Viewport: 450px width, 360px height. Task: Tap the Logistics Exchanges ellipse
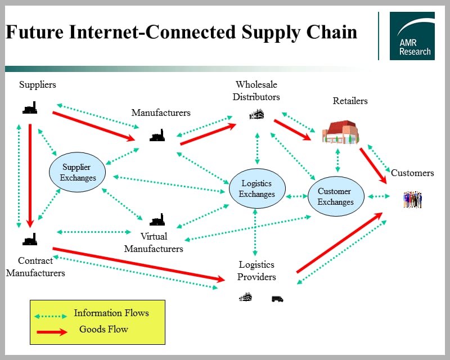[257, 188]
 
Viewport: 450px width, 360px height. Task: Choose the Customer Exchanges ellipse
[335, 196]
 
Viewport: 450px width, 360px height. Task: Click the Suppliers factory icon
[30, 108]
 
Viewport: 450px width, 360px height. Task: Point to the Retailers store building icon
[340, 133]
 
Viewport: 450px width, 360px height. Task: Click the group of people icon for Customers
[412, 199]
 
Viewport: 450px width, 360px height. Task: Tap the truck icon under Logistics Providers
[277, 299]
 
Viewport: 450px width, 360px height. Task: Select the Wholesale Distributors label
[256, 91]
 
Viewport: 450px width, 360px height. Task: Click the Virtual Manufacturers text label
[154, 242]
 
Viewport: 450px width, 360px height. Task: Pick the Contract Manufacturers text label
[35, 267]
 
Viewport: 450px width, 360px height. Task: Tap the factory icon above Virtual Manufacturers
[157, 219]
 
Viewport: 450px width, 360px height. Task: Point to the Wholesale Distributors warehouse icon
[256, 114]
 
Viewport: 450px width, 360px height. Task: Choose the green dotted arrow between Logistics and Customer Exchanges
[297, 197]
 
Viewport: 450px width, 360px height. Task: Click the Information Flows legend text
[111, 313]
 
